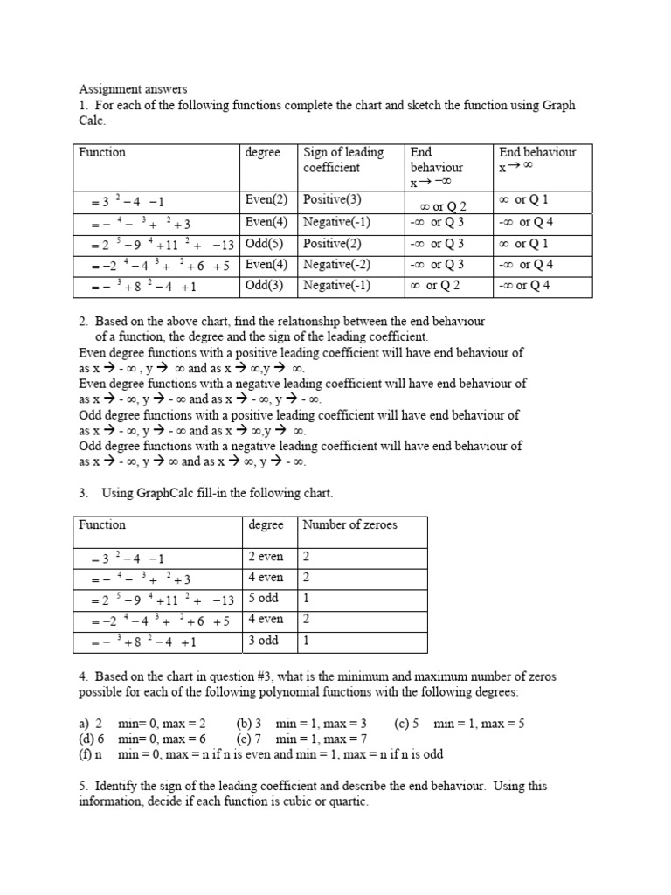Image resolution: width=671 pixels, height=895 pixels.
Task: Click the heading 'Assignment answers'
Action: pyautogui.click(x=133, y=89)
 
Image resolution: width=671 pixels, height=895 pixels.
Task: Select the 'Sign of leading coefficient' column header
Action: pyautogui.click(x=343, y=159)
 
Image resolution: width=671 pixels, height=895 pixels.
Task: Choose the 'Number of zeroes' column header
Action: pyautogui.click(x=349, y=524)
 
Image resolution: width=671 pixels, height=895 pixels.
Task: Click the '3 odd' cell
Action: pyautogui.click(x=263, y=641)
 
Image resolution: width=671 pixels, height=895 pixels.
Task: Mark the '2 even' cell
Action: pyautogui.click(x=266, y=557)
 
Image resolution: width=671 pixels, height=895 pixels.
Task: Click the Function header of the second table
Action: pyautogui.click(x=102, y=524)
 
